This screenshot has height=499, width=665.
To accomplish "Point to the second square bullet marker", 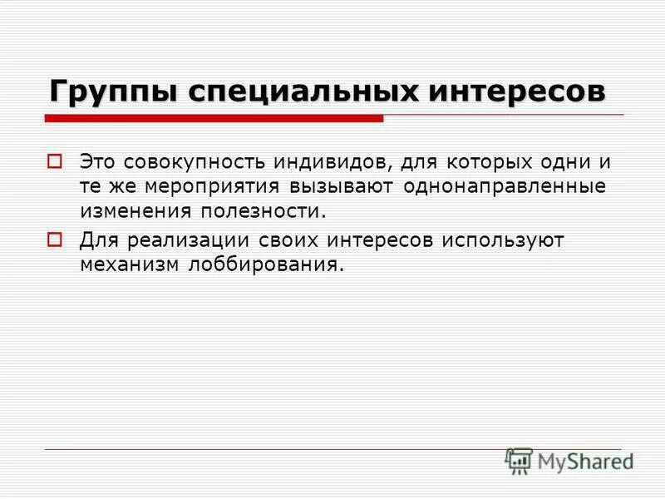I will (x=55, y=240).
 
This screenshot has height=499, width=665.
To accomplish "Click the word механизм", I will (x=126, y=266).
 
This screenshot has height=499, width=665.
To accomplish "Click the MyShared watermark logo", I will (x=569, y=460).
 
